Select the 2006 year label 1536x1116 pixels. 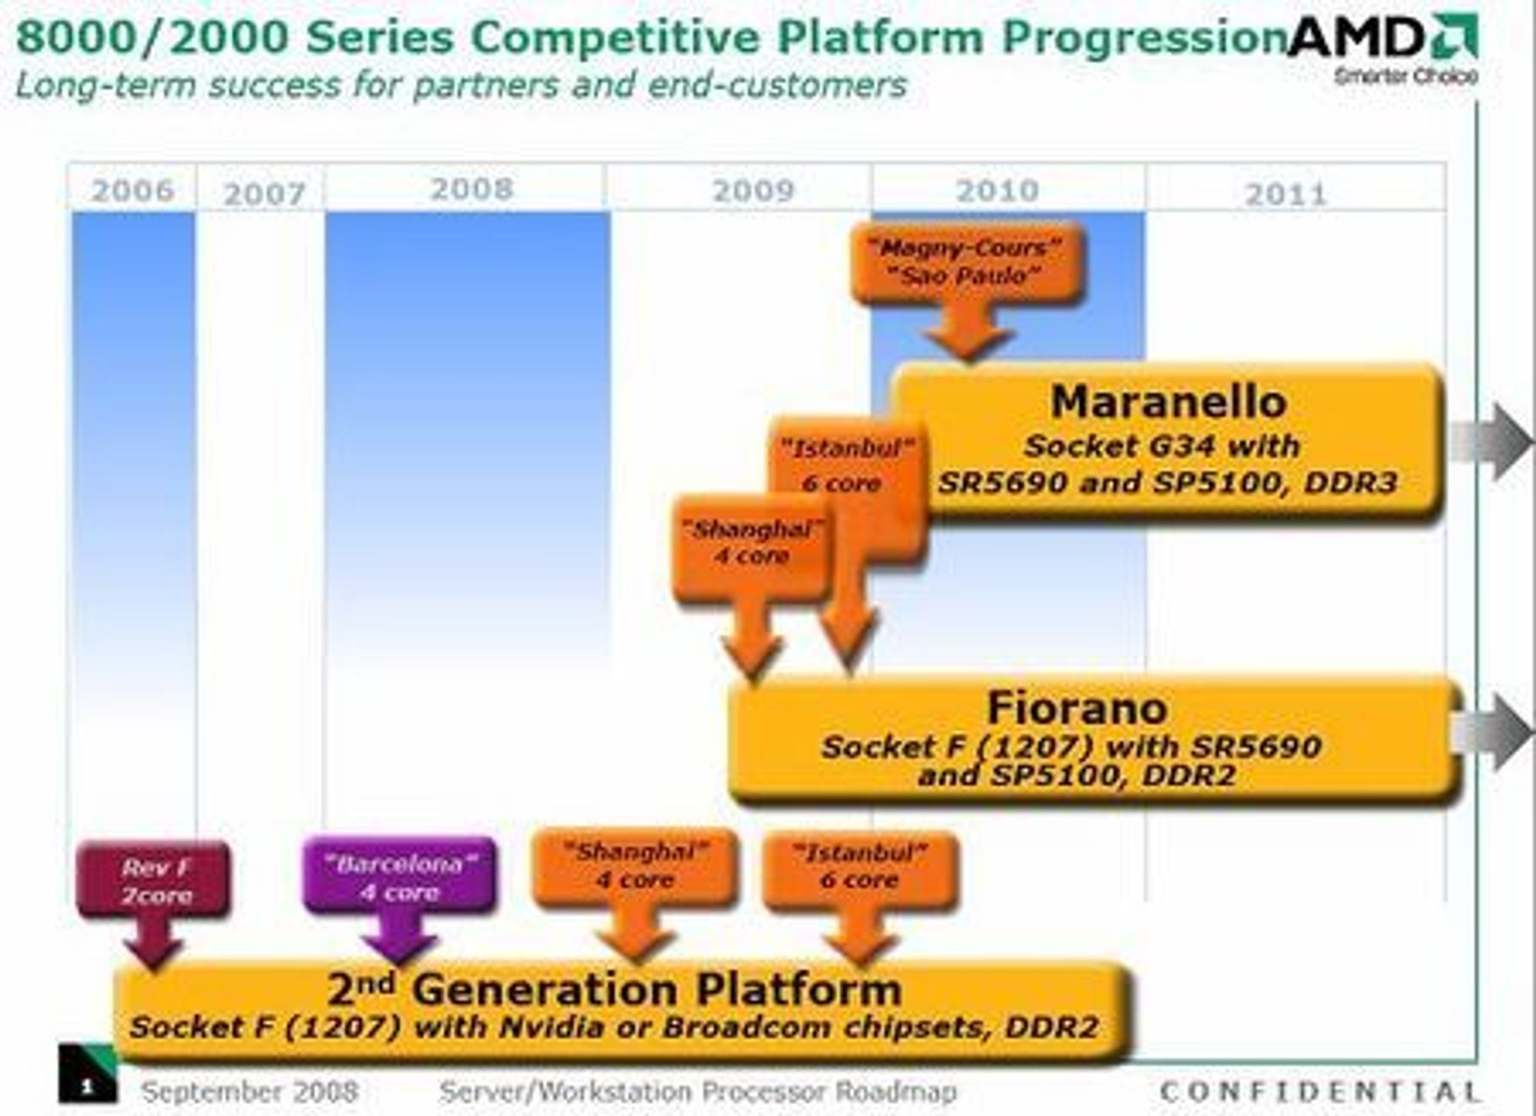133,190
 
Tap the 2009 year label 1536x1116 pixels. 753,191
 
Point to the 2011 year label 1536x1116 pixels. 1286,194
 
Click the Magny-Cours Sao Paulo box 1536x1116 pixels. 967,263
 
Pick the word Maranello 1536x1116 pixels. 1168,402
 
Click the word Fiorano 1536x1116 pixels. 1077,707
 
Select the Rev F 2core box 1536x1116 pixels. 154,880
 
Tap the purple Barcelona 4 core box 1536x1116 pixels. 399,876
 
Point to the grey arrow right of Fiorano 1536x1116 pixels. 1490,731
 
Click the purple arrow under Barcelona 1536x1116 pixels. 399,938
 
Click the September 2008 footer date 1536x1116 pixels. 250,1091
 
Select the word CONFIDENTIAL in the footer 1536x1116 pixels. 1319,1091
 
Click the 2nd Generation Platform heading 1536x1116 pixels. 614,989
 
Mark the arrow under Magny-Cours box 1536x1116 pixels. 967,330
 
